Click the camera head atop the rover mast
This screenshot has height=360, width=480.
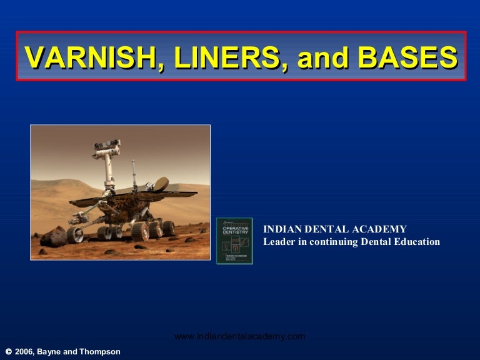coord(107,149)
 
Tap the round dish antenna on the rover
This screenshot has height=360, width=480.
coord(161,183)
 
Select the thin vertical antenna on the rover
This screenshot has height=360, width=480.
coord(133,175)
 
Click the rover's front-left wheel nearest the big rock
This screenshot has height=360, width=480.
coord(75,234)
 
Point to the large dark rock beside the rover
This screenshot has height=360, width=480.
coord(54,236)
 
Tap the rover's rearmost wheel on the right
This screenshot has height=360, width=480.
coord(167,228)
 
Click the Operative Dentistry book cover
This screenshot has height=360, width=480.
coord(234,241)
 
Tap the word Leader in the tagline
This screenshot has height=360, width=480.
coord(279,242)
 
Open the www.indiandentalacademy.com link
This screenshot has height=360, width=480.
coord(239,336)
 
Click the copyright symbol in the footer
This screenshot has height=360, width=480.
coord(7,352)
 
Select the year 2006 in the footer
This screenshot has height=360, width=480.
coord(25,352)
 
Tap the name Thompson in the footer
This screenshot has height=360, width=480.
coord(99,352)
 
